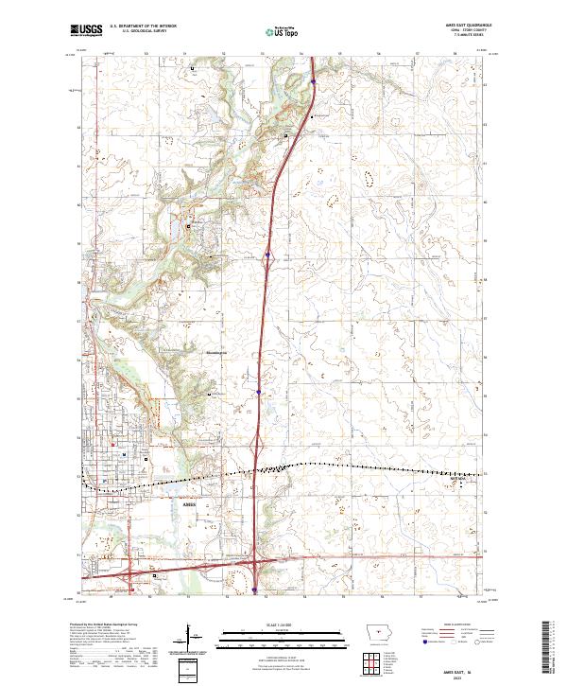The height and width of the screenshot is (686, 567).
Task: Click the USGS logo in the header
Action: pos(87,31)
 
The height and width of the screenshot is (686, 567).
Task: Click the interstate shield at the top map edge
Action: pos(312,83)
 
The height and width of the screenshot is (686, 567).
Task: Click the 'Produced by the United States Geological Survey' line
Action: pos(104,624)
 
